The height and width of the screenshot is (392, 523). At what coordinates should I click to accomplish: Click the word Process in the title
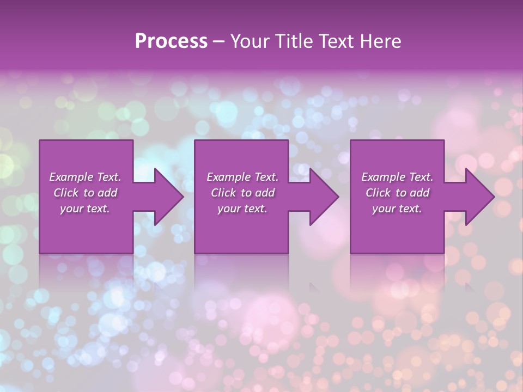pos(171,41)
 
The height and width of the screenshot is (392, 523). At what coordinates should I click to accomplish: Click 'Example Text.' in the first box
pos(85,177)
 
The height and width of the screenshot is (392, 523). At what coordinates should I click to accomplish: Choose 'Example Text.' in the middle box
pos(242,177)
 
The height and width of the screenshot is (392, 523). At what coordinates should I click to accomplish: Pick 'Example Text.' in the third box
pos(397,177)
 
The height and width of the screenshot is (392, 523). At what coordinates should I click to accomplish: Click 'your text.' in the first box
pos(85,209)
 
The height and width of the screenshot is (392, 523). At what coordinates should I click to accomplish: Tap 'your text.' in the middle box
pos(242,209)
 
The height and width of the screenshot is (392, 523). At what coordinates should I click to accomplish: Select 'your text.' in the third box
pos(397,209)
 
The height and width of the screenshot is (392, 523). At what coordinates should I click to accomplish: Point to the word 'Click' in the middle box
pos(223,193)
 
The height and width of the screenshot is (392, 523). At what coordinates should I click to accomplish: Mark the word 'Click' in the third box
pos(378,193)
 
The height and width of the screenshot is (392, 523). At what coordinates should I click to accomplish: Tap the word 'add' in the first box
pos(107,193)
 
